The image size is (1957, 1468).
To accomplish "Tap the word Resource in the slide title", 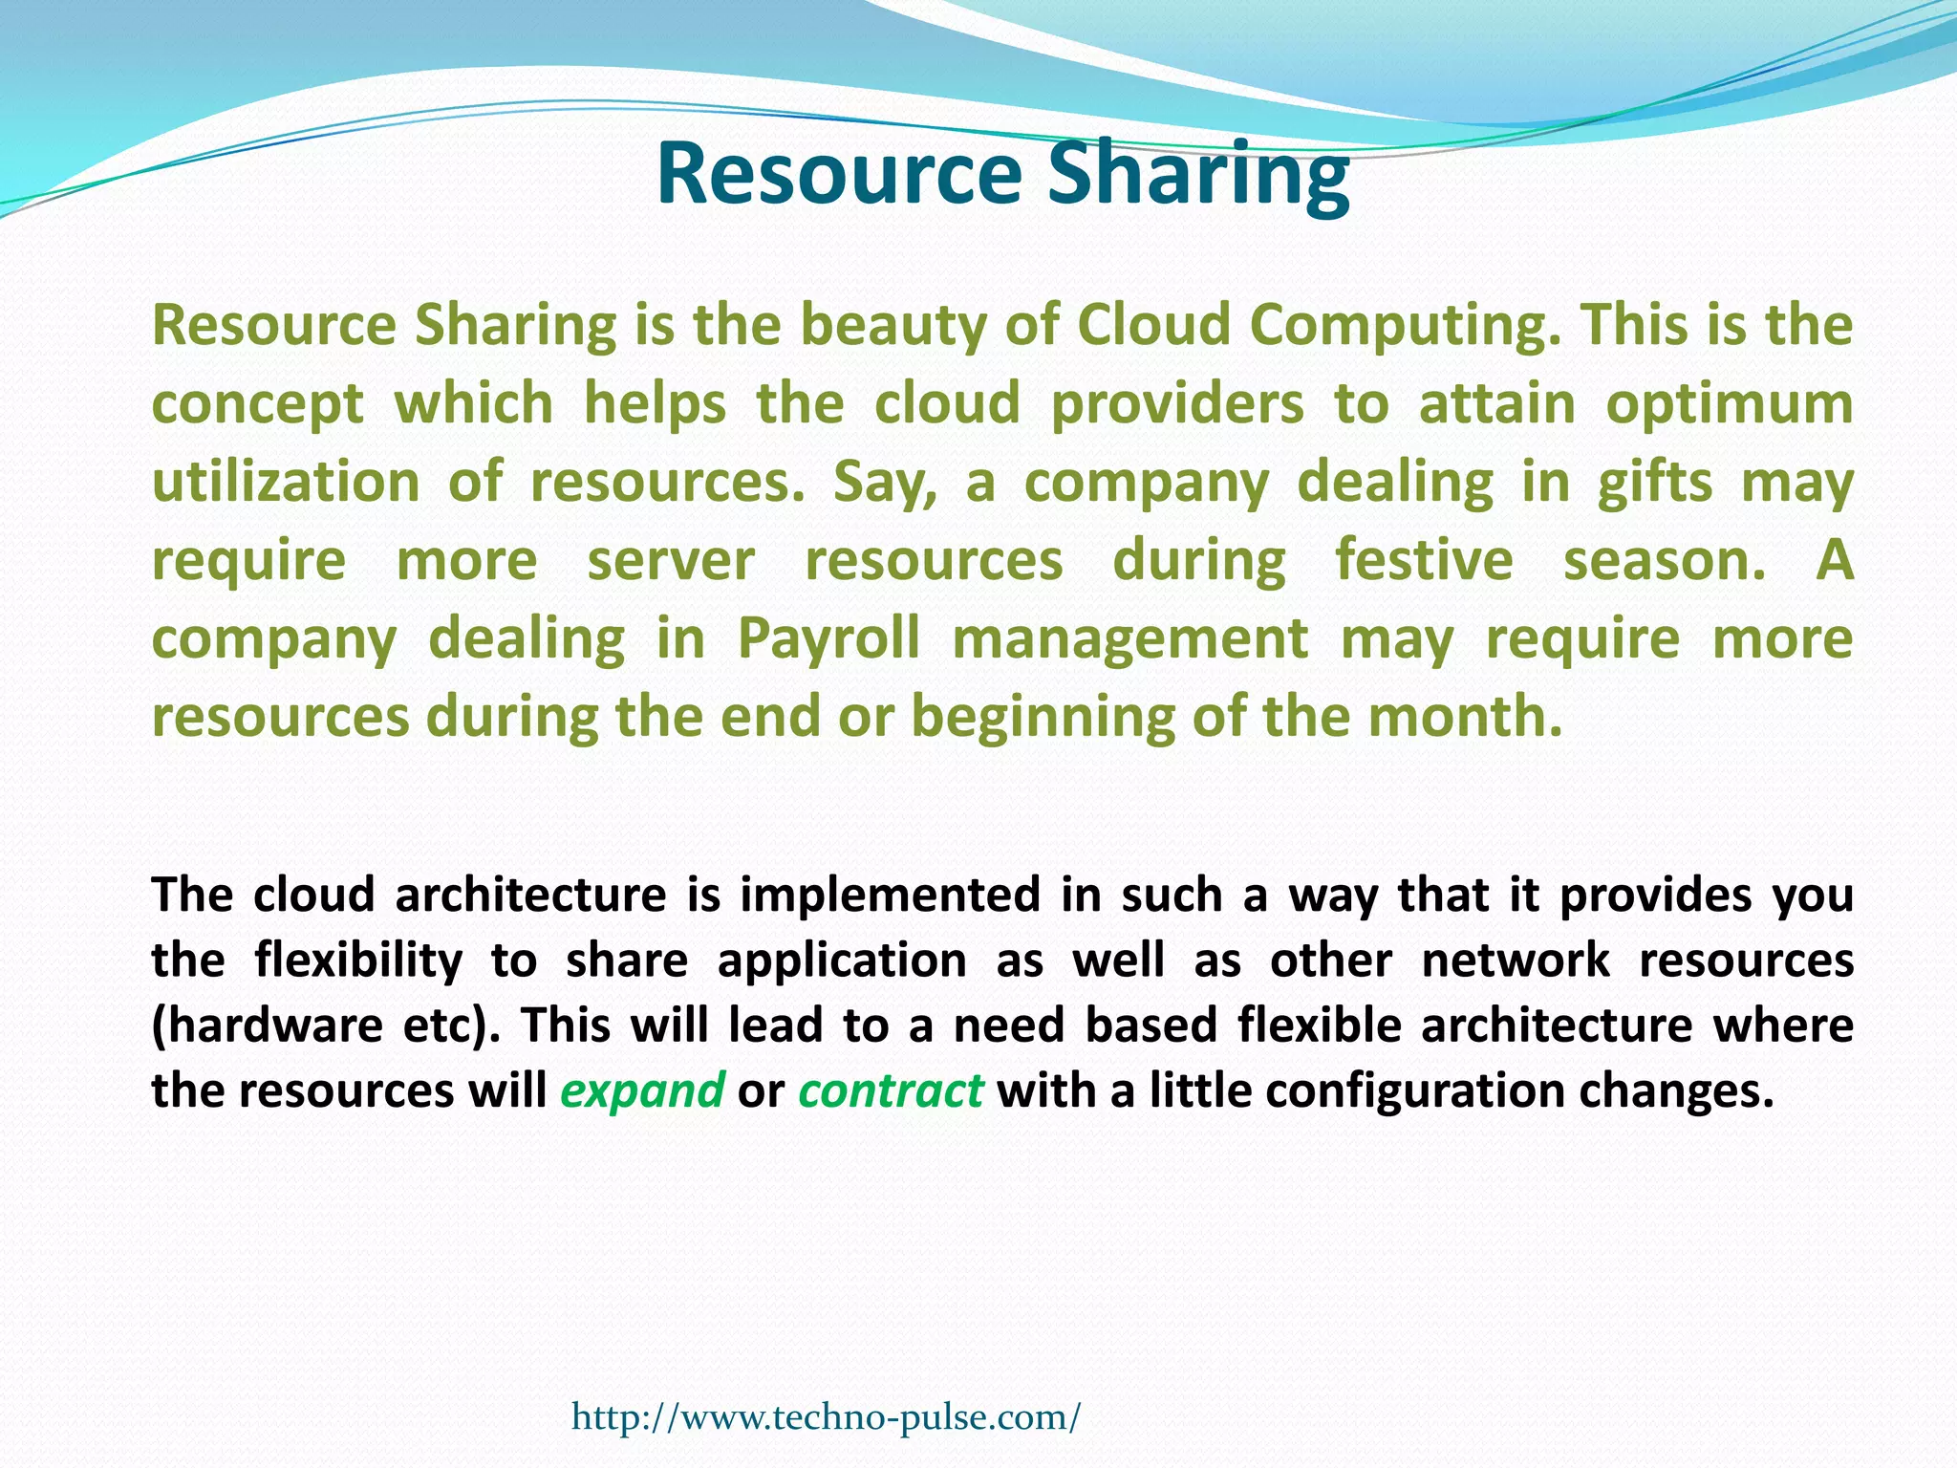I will [x=839, y=175].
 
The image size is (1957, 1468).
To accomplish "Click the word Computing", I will [x=1399, y=326].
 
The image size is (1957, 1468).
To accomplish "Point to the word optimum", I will [x=1729, y=404].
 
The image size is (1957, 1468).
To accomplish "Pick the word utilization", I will [x=286, y=482].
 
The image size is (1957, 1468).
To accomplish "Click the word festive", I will [x=1424, y=560].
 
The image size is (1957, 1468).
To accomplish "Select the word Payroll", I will [x=828, y=638].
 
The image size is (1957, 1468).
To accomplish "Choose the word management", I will [x=1130, y=638].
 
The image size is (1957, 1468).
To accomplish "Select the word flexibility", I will [x=358, y=961].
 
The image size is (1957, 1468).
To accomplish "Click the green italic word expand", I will [x=642, y=1090].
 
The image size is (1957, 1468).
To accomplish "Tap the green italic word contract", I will [x=891, y=1090].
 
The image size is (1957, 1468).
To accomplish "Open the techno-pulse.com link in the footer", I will [x=826, y=1416].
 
